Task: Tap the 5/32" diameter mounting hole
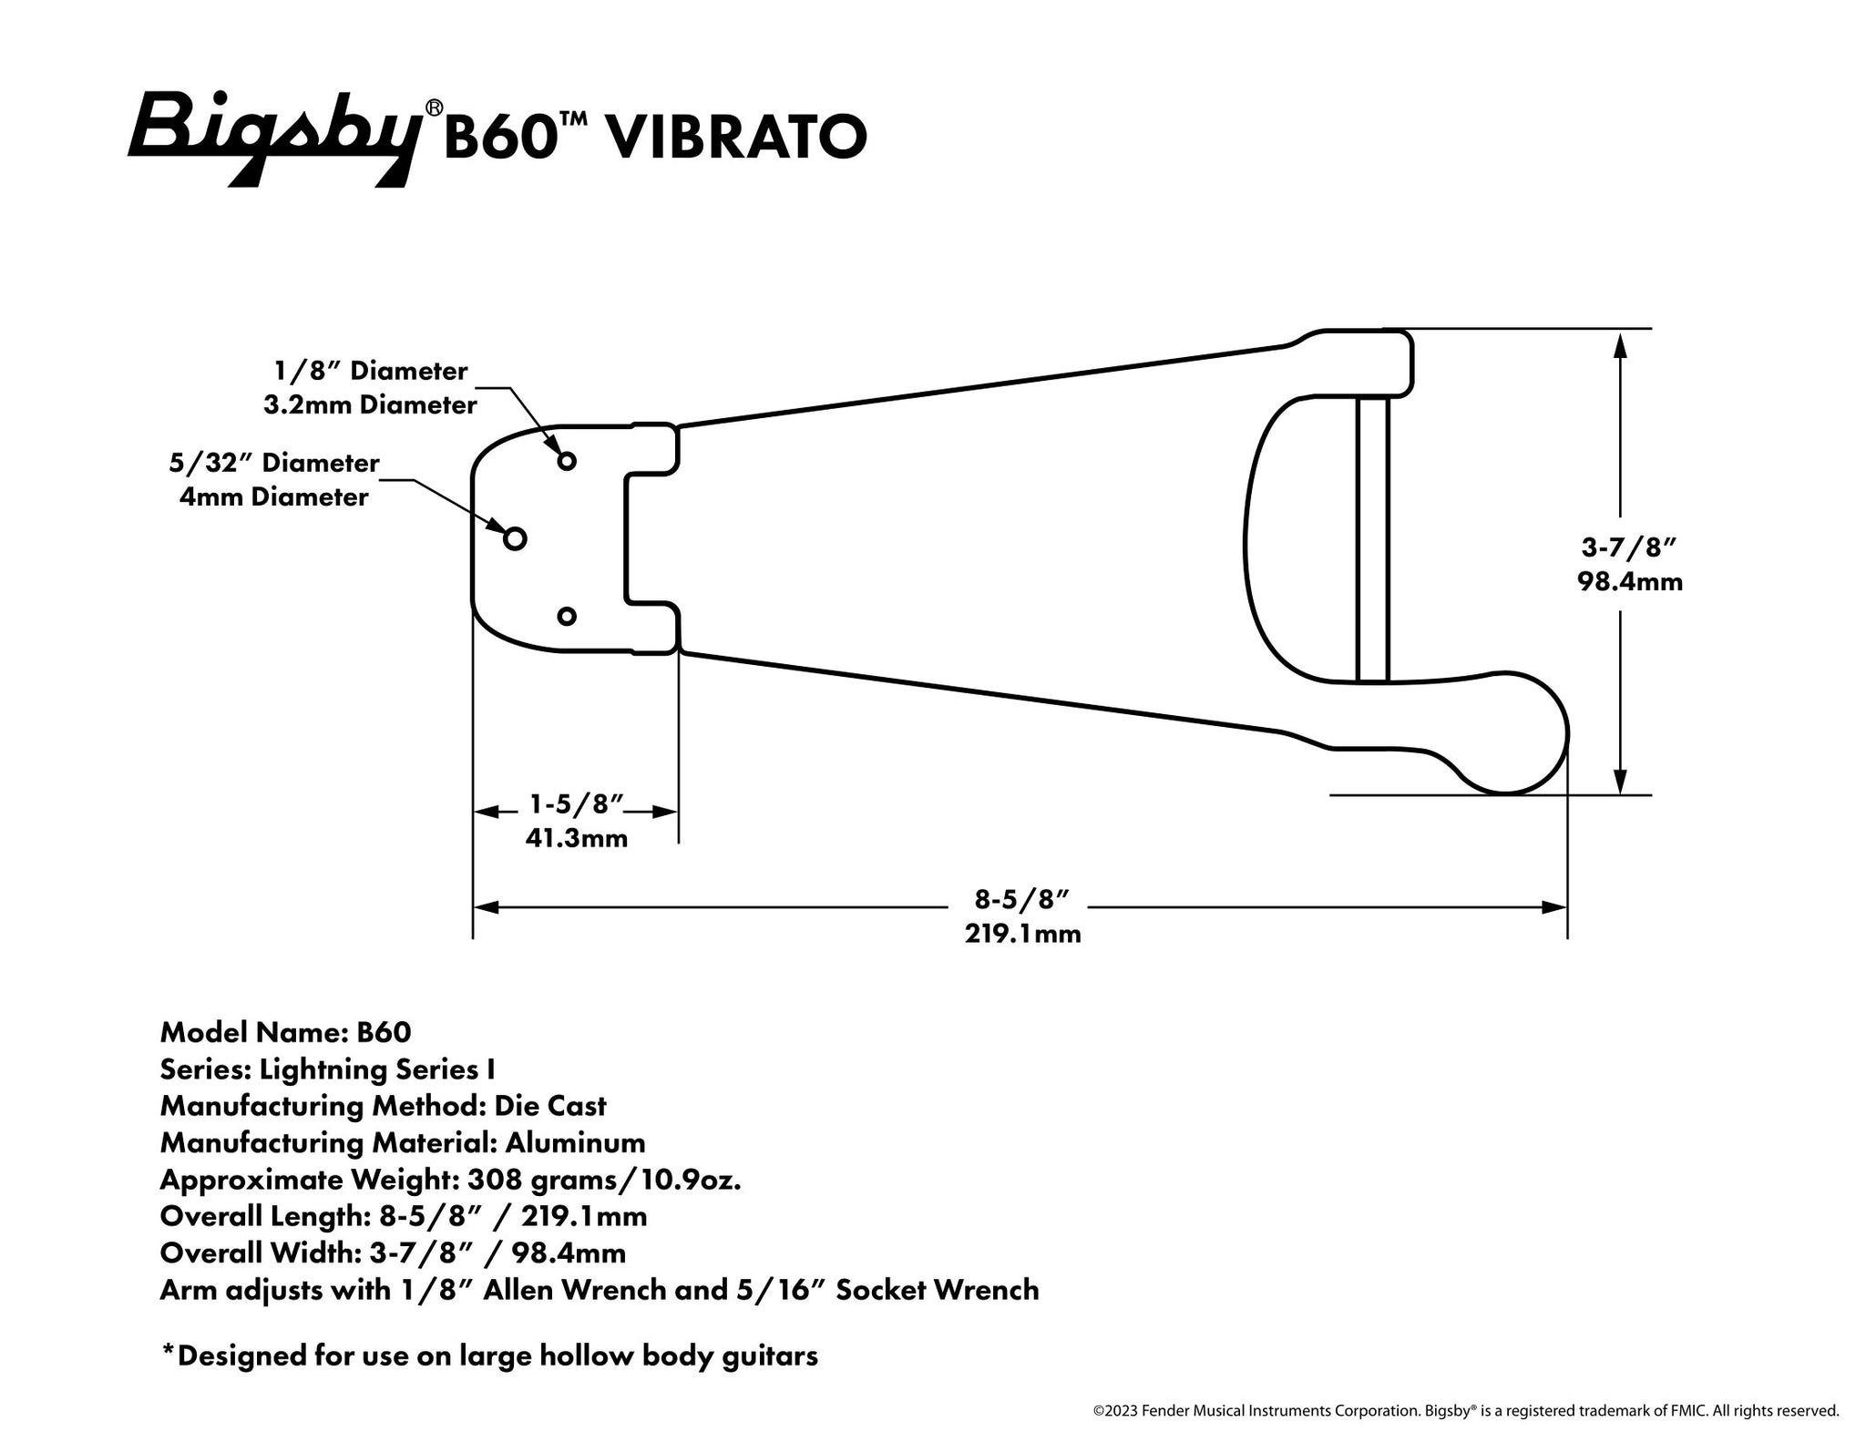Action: point(515,539)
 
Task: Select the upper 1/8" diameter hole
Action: point(567,461)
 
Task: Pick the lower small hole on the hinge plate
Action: point(567,617)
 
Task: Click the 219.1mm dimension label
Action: point(1022,934)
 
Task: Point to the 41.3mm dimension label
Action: point(576,838)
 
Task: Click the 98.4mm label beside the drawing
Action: point(1630,581)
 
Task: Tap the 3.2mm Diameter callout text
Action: point(370,404)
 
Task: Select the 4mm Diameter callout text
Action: point(273,497)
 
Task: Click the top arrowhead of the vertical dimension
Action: point(1620,346)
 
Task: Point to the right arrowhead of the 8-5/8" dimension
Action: point(1553,907)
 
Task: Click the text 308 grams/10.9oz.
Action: point(603,1180)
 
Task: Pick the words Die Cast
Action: point(549,1106)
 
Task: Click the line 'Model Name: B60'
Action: point(285,1032)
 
